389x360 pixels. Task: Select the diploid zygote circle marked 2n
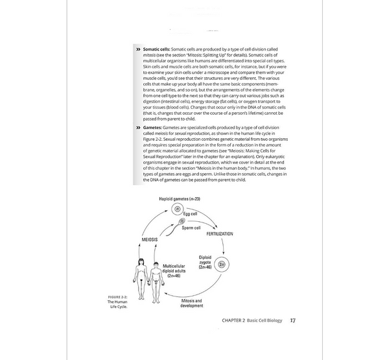(x=222, y=264)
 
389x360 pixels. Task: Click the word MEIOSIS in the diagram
(x=150, y=240)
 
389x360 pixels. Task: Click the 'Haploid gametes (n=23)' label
(x=179, y=198)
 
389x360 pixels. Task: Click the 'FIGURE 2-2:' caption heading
(x=120, y=296)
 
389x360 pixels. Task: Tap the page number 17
(x=293, y=320)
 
